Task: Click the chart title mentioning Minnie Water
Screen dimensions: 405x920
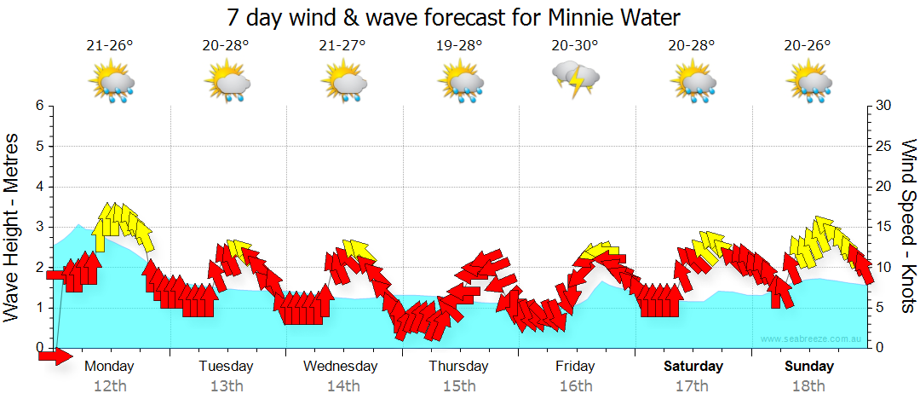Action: coord(454,17)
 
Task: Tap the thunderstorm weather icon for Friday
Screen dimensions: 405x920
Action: coord(577,79)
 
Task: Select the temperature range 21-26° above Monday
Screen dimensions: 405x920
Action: coord(110,46)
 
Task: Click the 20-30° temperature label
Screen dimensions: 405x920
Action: coord(575,46)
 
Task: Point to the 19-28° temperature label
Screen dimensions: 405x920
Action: coord(459,46)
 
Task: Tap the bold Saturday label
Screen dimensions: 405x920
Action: coord(693,367)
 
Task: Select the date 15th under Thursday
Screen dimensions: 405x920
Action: coord(459,386)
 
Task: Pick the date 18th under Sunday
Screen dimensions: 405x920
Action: coord(809,386)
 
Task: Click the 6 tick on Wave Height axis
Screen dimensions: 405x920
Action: coord(39,106)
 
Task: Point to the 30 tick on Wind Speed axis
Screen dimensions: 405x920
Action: coord(883,106)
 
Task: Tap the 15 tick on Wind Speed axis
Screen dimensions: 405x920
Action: coord(883,227)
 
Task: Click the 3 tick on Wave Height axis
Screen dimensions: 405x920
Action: coord(39,227)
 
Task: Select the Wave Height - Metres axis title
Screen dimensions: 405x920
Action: coord(14,227)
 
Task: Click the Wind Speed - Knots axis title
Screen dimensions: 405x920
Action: coord(907,227)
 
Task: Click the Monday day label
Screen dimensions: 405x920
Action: coord(110,367)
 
